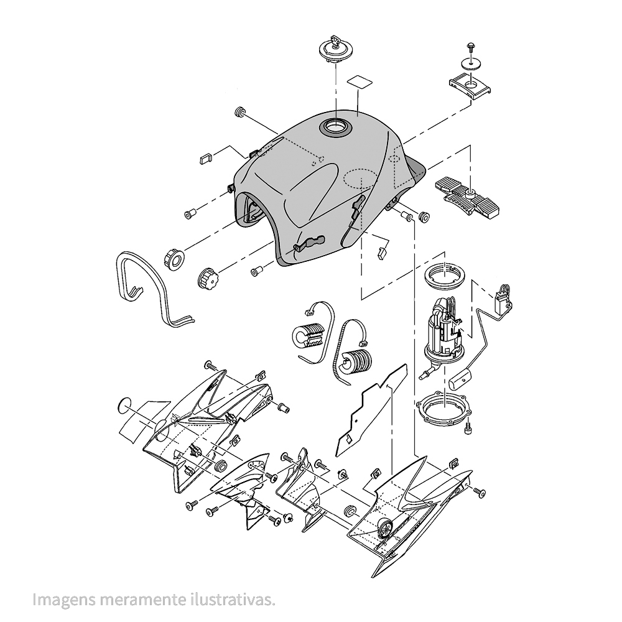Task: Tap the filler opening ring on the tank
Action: [336, 127]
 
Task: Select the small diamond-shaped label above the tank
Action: [360, 81]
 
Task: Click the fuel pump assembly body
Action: [443, 330]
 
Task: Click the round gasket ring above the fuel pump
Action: [445, 274]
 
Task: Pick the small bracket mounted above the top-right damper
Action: [470, 86]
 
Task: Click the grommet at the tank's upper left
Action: [240, 112]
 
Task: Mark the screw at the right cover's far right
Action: [479, 492]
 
